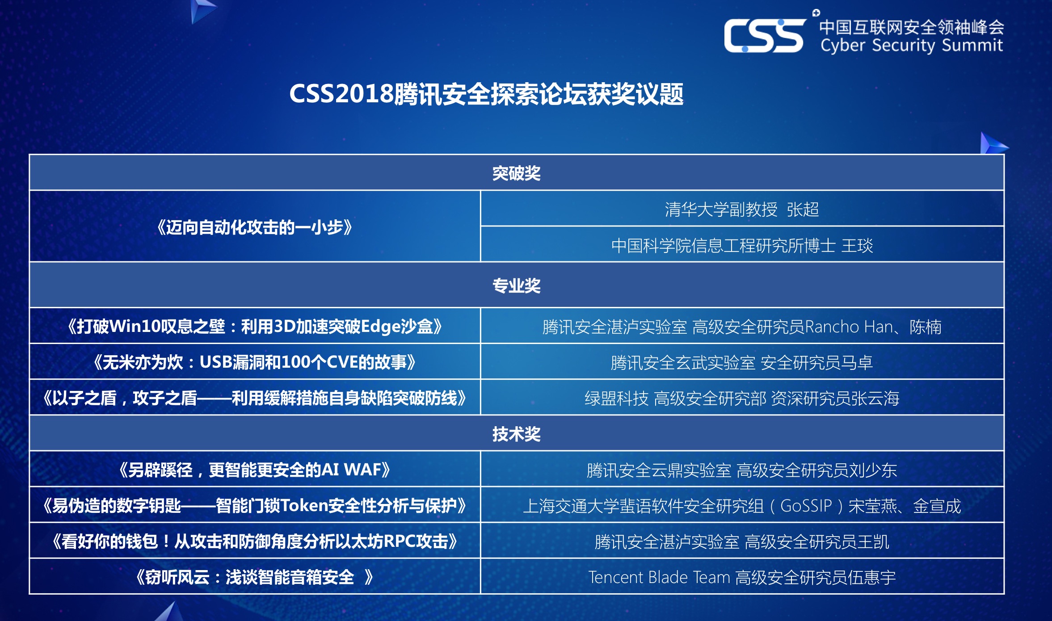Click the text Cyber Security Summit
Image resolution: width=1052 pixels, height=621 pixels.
coord(911,46)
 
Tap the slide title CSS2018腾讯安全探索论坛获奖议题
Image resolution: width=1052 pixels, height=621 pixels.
coord(486,94)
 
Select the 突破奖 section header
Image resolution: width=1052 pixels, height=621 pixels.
coord(517,173)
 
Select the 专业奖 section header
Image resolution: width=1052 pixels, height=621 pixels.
coord(517,286)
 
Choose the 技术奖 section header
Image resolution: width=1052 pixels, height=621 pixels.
coord(517,434)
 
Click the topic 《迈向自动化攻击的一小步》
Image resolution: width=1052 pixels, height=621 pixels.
coord(255,227)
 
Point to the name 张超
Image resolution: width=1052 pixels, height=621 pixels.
coord(803,210)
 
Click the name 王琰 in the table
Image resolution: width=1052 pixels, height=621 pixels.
coord(857,246)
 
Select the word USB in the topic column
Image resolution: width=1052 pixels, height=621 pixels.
coord(216,362)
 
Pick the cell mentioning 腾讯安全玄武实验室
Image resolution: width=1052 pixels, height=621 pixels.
coord(742,361)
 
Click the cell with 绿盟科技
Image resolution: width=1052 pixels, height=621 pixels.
coord(742,397)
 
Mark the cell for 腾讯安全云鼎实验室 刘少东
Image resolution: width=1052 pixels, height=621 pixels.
coord(742,469)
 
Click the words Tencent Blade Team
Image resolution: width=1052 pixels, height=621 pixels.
coord(659,578)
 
